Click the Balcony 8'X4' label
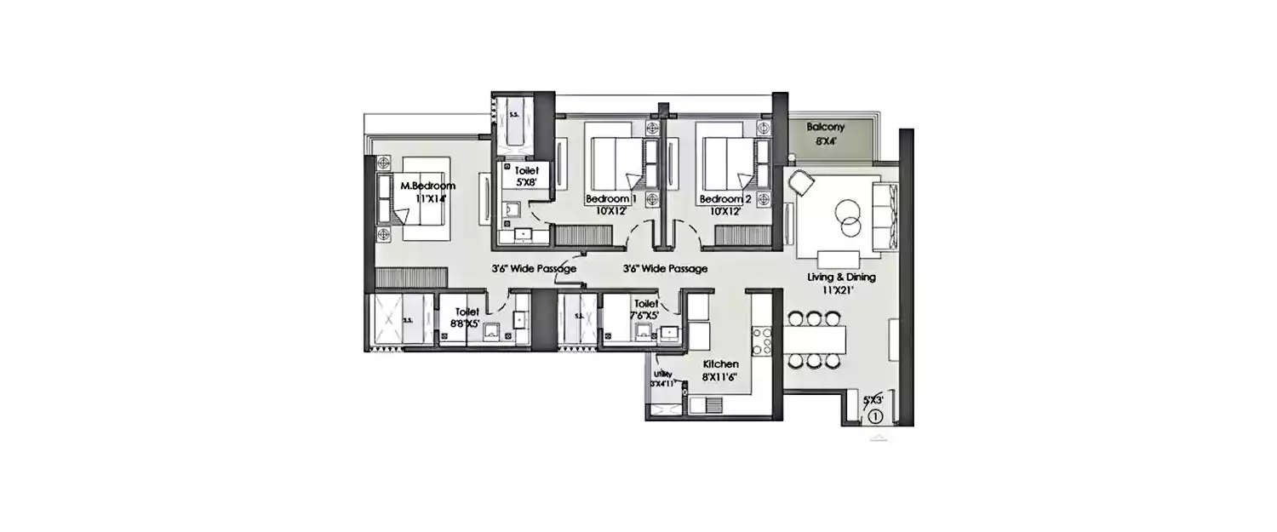826,134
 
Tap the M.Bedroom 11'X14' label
428,192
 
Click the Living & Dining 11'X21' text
842,283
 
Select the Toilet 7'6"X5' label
644,310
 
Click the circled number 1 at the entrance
877,416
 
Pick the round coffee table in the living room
848,216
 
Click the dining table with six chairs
814,340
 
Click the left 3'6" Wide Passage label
534,268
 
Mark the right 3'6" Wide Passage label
665,268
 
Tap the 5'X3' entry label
873,398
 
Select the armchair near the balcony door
801,181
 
